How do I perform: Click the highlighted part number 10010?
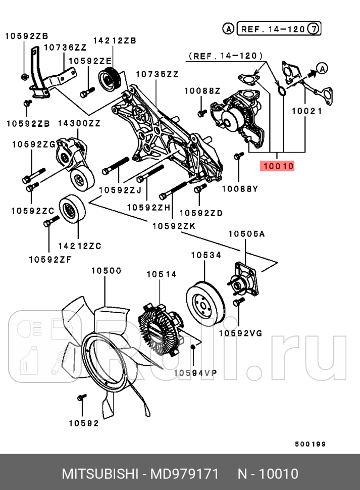[277, 165]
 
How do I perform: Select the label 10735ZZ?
[157, 74]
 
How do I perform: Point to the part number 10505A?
[246, 234]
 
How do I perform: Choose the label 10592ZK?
[173, 226]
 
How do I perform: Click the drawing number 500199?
[310, 444]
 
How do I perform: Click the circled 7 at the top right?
[314, 29]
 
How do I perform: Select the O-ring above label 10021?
[282, 91]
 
